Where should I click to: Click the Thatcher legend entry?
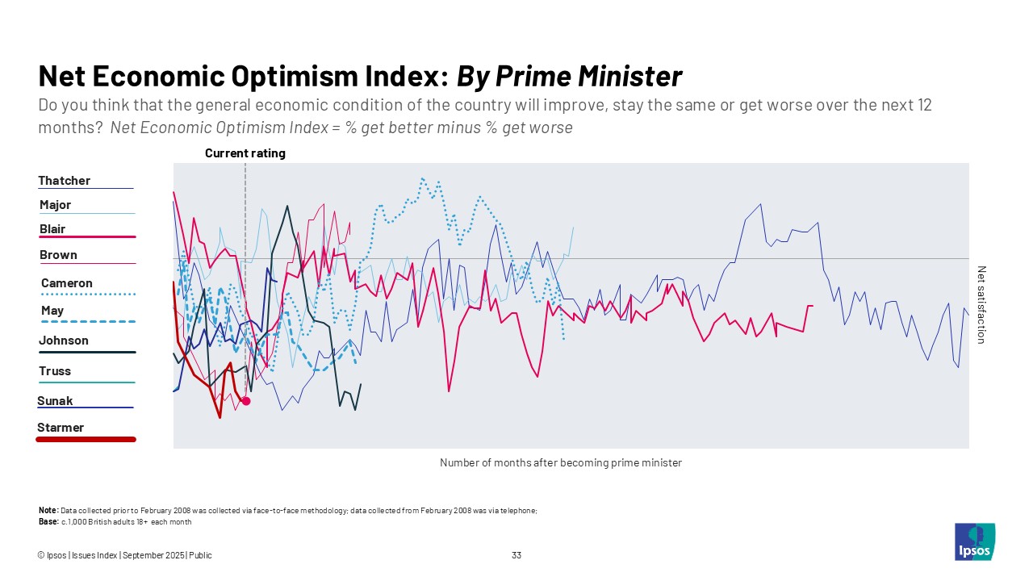(x=65, y=181)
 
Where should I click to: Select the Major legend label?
(x=56, y=205)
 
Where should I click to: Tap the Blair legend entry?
(x=52, y=229)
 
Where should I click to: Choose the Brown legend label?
(x=58, y=255)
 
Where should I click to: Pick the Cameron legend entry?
(x=67, y=283)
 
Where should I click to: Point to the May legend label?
(x=52, y=311)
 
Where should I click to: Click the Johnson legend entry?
(x=64, y=341)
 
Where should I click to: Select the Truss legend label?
(x=55, y=371)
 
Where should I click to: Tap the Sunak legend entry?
(x=55, y=401)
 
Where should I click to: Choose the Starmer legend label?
(x=61, y=428)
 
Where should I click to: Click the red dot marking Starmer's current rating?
(x=246, y=401)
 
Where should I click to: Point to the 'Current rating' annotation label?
(x=245, y=153)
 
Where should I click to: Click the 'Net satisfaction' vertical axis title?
(x=981, y=305)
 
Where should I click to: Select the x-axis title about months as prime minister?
(x=561, y=463)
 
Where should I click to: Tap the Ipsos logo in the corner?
(x=975, y=542)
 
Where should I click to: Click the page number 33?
(x=516, y=555)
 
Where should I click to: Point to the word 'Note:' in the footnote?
(x=48, y=511)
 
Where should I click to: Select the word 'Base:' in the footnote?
(x=48, y=521)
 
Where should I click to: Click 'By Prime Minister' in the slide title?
(x=570, y=77)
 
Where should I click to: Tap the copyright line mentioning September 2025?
(x=125, y=555)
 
